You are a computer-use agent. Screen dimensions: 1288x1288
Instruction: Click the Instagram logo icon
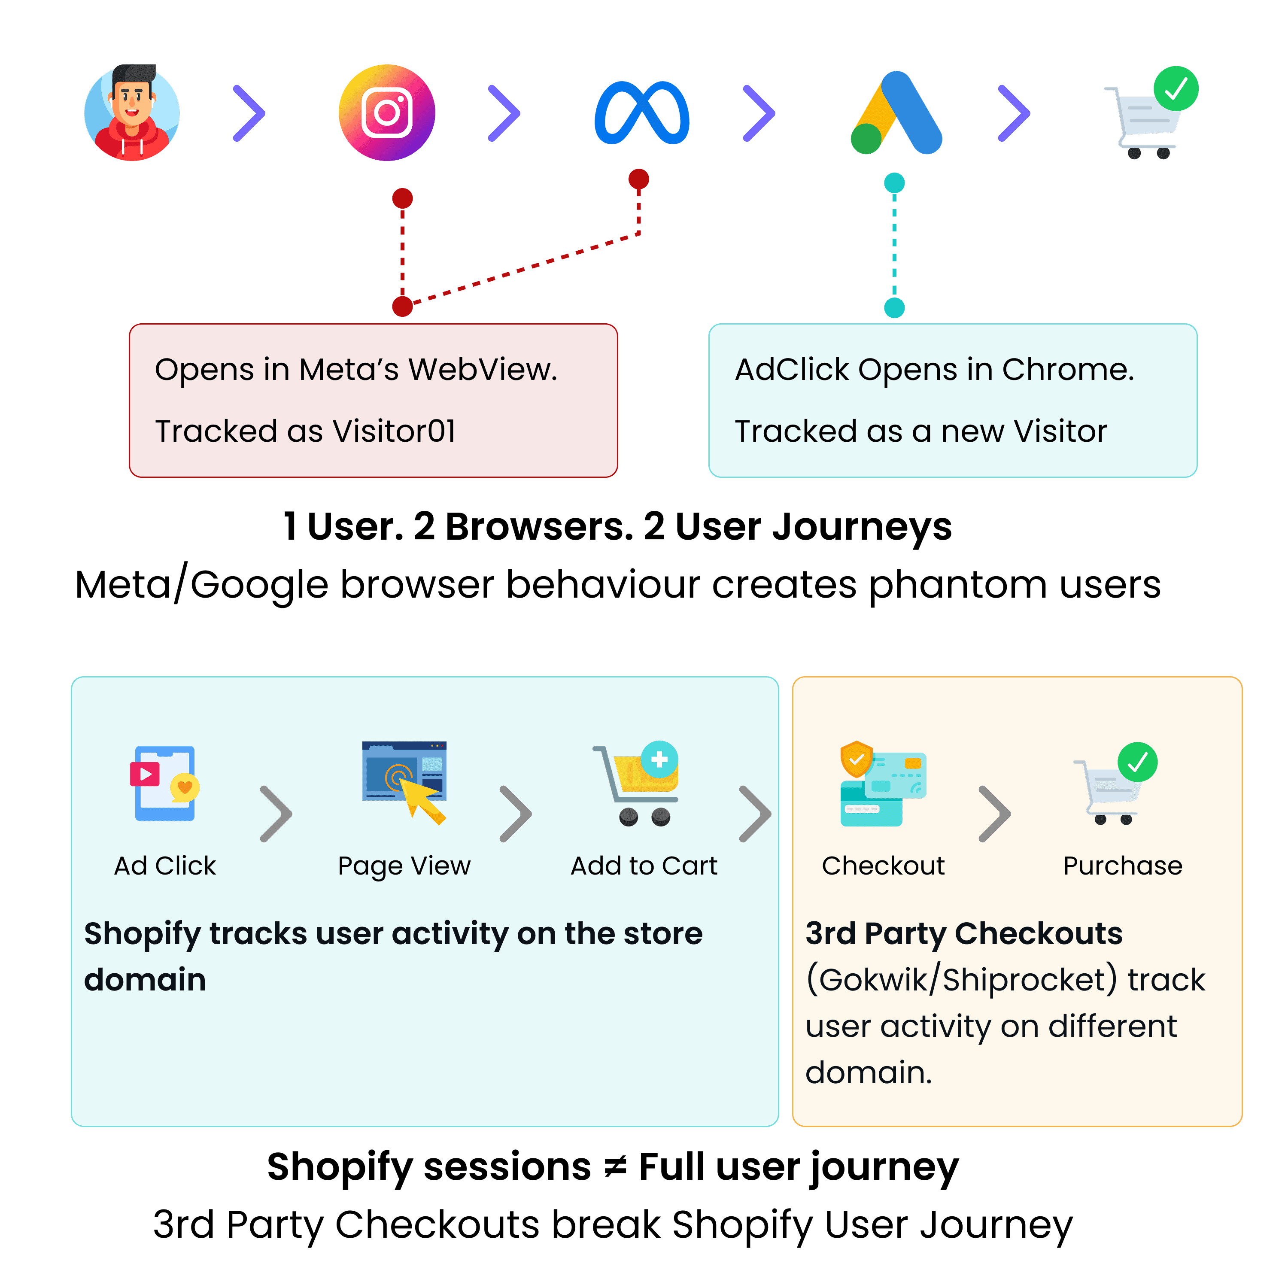pos(387,112)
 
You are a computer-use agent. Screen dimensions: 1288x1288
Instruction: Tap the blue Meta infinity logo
pos(641,112)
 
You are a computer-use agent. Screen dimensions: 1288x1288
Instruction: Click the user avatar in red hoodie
pos(132,112)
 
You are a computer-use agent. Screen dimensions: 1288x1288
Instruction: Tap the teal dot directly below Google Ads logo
pos(894,182)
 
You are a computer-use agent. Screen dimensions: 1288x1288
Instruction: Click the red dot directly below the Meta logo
pos(639,179)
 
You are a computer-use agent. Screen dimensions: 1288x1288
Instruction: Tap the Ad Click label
pos(165,866)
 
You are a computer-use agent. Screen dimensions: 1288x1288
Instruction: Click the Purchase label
pos(1123,866)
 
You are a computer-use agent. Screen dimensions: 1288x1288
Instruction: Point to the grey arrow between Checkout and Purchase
pos(995,813)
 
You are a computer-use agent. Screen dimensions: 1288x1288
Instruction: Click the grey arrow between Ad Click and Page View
pos(276,813)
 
